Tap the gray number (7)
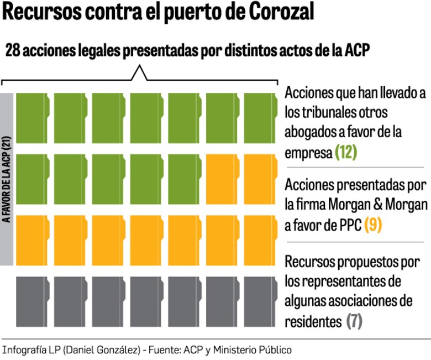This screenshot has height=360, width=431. click(354, 320)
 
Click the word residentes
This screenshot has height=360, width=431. click(313, 321)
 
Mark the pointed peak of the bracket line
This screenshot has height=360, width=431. click(139, 68)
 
